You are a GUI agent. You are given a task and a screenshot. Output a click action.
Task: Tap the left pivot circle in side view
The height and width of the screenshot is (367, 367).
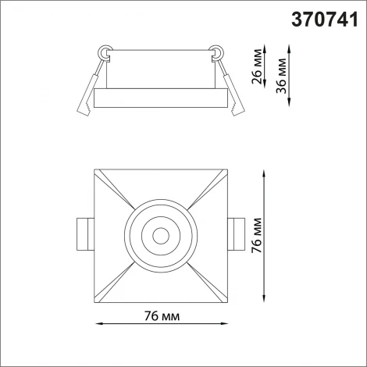click(x=104, y=52)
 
